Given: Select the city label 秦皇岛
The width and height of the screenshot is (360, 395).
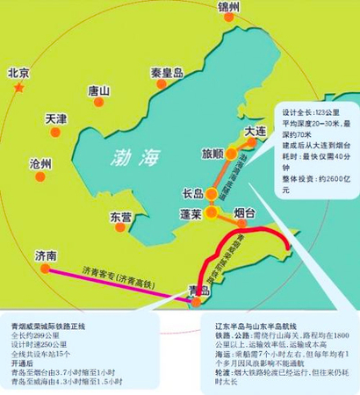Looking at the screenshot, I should point(166,74).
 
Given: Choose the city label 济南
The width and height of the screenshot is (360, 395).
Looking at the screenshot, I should point(46,256).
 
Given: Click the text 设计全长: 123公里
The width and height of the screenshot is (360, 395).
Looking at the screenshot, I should point(303,113).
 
